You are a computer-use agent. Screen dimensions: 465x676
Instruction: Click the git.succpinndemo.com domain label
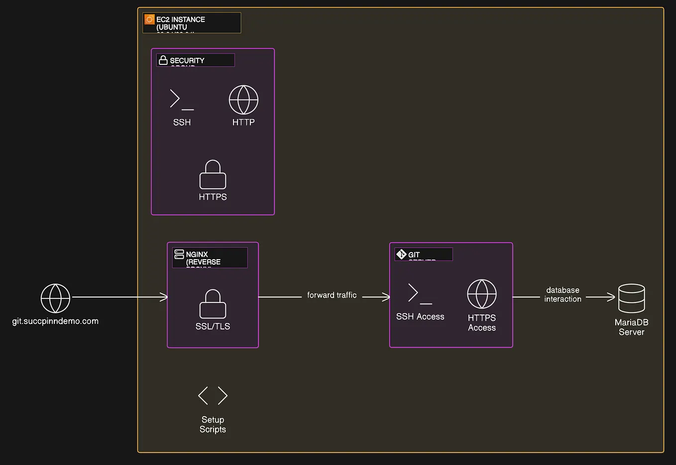[x=55, y=321]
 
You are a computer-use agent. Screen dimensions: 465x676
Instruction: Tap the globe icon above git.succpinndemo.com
[x=55, y=298]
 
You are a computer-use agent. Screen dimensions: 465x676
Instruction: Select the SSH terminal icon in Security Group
[x=181, y=99]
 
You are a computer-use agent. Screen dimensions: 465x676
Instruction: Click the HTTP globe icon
[x=243, y=100]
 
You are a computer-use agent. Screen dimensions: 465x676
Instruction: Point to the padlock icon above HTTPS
[x=213, y=174]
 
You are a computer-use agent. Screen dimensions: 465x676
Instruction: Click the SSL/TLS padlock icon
[x=213, y=304]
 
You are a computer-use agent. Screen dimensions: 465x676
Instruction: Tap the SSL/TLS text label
[x=213, y=326]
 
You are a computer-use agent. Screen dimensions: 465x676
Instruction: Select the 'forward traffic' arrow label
[x=332, y=295]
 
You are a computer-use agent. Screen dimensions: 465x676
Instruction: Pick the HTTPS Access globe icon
[x=482, y=294]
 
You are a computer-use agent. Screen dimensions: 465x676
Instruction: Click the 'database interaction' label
[x=563, y=295]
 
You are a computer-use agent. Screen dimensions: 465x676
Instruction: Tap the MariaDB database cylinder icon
[x=631, y=298]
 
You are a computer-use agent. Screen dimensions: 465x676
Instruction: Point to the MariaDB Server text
[x=631, y=327]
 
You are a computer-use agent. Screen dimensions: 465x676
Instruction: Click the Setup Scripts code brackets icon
[x=213, y=396]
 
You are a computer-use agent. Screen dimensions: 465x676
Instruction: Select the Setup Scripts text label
[x=213, y=425]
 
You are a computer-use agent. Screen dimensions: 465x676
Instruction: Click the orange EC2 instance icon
[x=149, y=19]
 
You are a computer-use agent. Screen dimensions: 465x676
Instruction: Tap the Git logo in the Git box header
[x=401, y=254]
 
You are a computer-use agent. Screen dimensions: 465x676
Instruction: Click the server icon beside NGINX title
[x=179, y=254]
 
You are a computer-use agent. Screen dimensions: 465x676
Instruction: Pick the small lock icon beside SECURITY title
[x=163, y=60]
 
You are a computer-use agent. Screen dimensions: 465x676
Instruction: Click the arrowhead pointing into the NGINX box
[x=164, y=297]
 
